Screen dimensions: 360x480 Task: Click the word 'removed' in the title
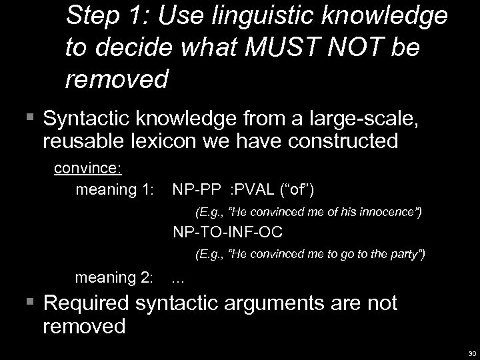(x=117, y=79)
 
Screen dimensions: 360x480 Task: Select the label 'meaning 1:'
(x=115, y=190)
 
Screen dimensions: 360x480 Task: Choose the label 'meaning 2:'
(x=115, y=277)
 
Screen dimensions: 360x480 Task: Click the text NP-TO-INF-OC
(x=228, y=233)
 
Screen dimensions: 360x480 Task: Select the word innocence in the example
(x=390, y=213)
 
